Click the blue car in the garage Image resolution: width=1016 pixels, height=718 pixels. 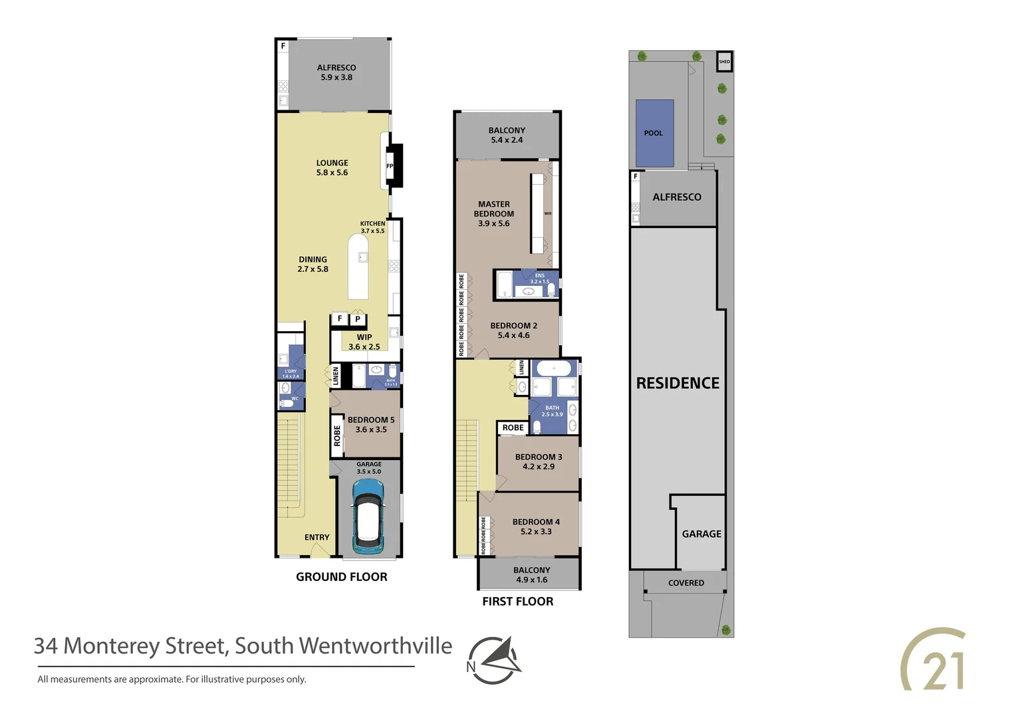pos(368,516)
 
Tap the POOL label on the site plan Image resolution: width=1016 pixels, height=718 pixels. pos(654,133)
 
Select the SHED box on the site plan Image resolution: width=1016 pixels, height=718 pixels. pos(724,62)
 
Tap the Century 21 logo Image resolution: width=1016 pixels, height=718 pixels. pos(934,659)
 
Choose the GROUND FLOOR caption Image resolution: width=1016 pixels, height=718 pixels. pos(342,577)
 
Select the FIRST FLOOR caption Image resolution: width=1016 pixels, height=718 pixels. pos(518,602)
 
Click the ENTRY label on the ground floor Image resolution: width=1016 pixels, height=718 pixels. pos(317,537)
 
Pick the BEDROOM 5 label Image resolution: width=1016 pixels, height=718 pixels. pos(371,420)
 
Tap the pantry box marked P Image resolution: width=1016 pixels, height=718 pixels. pos(358,319)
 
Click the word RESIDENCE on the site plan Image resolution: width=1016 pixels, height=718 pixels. pos(678,383)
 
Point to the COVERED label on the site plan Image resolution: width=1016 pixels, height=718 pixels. pos(686,583)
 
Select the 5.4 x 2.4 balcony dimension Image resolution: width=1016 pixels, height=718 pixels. pos(507,140)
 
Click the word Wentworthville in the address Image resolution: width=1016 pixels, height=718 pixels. pos(376,646)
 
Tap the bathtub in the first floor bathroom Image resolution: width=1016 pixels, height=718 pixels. pos(555,368)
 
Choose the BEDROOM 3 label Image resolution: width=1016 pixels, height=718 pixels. pos(539,457)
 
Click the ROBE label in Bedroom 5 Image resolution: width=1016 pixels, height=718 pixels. pos(337,436)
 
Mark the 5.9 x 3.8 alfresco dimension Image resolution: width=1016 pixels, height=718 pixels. pos(336,77)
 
